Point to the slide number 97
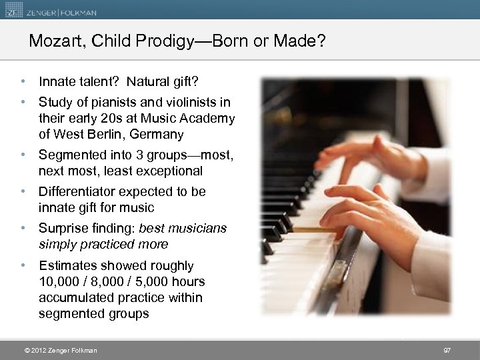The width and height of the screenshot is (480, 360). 447,350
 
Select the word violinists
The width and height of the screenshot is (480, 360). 190,102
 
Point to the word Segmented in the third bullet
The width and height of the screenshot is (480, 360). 70,155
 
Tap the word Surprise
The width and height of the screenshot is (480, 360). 63,228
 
